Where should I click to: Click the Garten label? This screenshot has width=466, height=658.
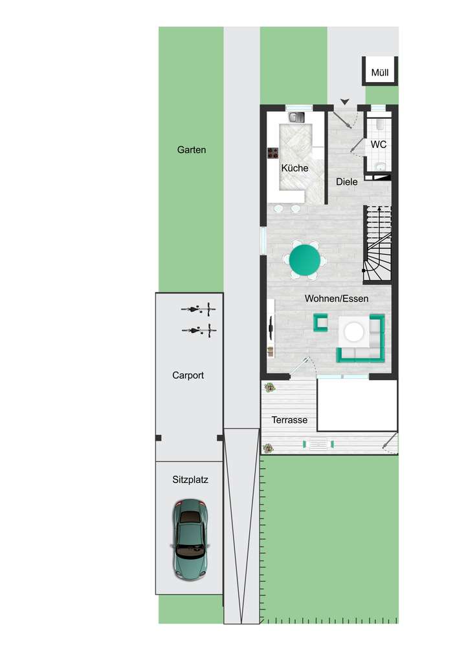coord(192,150)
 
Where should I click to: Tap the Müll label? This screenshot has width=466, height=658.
coord(380,72)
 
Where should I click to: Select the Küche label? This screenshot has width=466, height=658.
coord(294,168)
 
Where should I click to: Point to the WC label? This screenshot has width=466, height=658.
coord(379,145)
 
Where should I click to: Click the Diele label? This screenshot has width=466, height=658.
coord(347,182)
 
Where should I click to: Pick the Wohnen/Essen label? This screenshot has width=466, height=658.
coord(337,299)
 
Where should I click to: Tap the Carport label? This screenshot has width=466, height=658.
coord(188,375)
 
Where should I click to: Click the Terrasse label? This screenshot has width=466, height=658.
coord(289,420)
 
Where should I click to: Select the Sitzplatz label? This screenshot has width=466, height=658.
coord(190,480)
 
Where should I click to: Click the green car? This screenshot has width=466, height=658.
coord(190,538)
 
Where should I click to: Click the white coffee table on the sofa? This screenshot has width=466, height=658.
coord(354,332)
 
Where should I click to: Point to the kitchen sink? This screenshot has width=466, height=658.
coord(296,118)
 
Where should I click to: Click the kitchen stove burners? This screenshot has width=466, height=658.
coord(273,154)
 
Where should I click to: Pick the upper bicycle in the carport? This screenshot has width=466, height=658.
coord(198,310)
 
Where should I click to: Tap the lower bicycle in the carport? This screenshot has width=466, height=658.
coord(199,330)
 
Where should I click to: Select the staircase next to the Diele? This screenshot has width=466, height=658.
coord(377,244)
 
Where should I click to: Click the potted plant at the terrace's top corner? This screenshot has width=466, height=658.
coord(269,388)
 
